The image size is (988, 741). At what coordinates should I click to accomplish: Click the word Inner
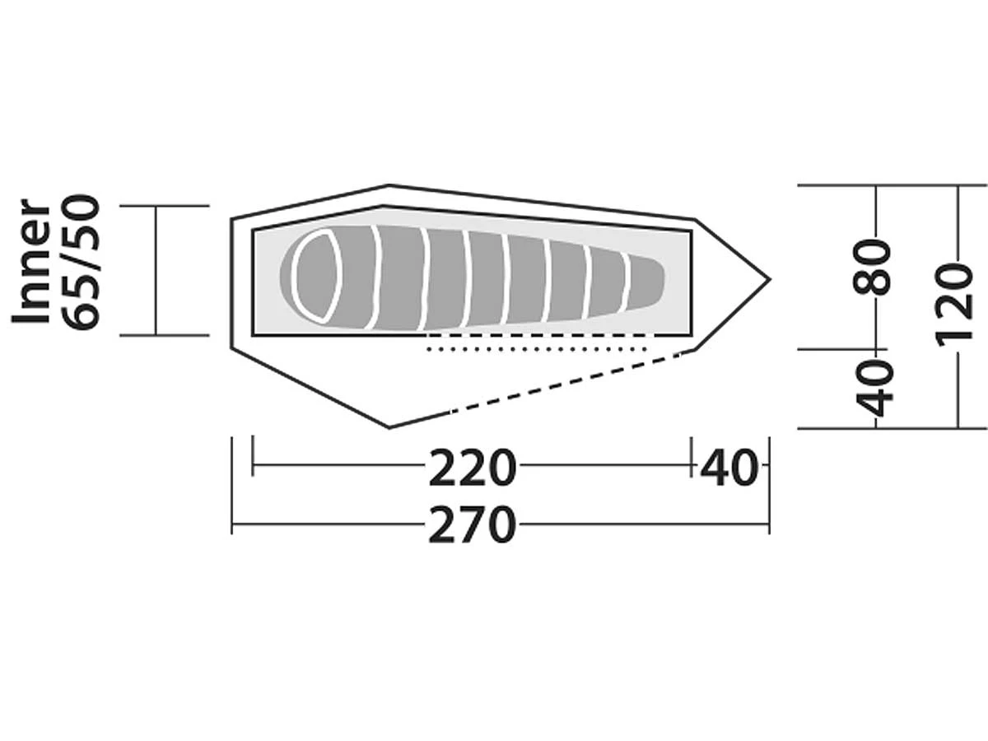(30, 261)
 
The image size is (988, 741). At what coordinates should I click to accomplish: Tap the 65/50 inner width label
(80, 261)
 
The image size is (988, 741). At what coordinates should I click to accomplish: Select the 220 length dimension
(472, 468)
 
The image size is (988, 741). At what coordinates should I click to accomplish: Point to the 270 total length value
(472, 525)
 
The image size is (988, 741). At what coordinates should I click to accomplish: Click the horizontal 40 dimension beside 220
(729, 468)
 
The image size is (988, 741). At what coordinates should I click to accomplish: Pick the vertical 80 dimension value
(872, 268)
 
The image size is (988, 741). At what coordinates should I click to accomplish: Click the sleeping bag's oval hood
(315, 275)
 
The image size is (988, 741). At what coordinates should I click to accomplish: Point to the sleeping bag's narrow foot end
(646, 282)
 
